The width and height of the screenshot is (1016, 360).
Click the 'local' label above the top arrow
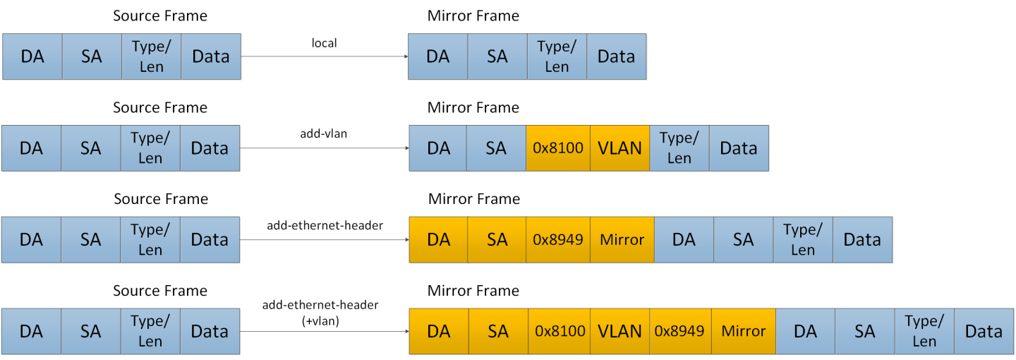pyautogui.click(x=324, y=43)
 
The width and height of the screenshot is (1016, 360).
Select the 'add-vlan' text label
pyautogui.click(x=324, y=133)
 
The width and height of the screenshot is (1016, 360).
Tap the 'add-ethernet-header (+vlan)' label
pyautogui.click(x=320, y=311)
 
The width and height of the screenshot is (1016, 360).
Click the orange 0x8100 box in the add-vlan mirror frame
pyautogui.click(x=557, y=148)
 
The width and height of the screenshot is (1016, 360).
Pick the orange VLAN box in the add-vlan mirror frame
pyautogui.click(x=619, y=148)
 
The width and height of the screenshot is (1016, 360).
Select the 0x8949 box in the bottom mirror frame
pyautogui.click(x=680, y=331)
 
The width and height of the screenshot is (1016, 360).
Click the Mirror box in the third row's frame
pyautogui.click(x=622, y=240)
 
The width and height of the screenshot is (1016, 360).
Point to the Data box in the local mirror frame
pyautogui.click(x=616, y=56)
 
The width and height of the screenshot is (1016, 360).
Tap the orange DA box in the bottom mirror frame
pyautogui.click(x=438, y=331)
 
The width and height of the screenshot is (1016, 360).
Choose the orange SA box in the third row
pyautogui.click(x=497, y=240)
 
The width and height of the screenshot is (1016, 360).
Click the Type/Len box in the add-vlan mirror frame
pyautogui.click(x=679, y=148)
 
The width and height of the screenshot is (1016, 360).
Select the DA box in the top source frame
pyautogui.click(x=32, y=56)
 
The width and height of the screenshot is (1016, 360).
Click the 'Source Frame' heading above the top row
pyautogui.click(x=160, y=16)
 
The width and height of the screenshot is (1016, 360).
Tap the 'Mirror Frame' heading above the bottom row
pyautogui.click(x=473, y=291)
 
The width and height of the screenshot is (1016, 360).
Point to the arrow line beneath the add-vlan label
pyautogui.click(x=324, y=148)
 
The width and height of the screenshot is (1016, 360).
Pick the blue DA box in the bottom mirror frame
pyautogui.click(x=805, y=331)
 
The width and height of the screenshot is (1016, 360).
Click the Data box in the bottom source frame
pyautogui.click(x=210, y=331)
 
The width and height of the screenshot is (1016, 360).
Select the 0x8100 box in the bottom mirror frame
pyautogui.click(x=560, y=331)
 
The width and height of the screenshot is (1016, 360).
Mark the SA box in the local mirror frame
pyautogui.click(x=497, y=56)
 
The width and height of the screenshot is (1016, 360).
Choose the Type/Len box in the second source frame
pyautogui.click(x=150, y=148)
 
